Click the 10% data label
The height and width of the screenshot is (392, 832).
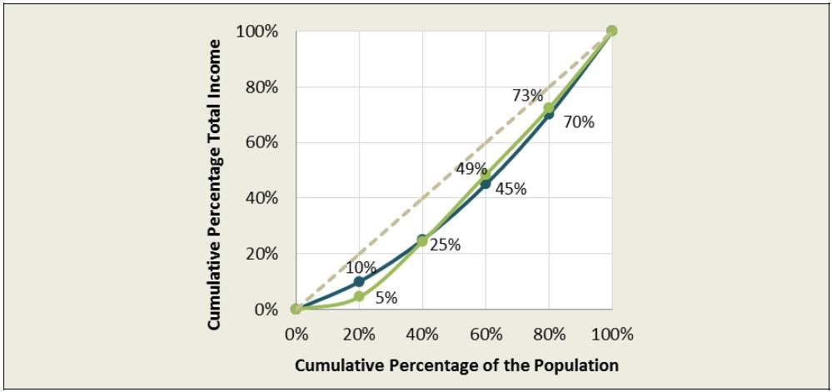[x=362, y=268]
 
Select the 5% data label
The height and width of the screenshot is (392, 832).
[x=386, y=297]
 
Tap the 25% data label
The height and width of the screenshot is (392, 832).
[x=446, y=246]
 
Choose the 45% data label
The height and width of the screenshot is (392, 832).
[x=511, y=189]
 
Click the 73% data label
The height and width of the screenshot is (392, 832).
[x=527, y=96]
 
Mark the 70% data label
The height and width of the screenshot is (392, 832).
[x=578, y=122]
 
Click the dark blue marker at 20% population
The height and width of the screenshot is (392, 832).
[x=359, y=281]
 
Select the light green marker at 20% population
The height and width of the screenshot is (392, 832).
[x=359, y=296]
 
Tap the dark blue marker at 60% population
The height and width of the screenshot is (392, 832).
[x=486, y=184]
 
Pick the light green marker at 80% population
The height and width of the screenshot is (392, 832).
[x=549, y=108]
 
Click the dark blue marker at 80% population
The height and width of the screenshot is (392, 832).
[x=549, y=115]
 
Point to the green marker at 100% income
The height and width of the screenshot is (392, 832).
[x=611, y=31]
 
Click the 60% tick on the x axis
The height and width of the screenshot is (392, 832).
[x=486, y=335]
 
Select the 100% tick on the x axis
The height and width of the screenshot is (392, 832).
[x=611, y=335]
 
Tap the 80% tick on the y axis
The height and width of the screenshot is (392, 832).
[x=257, y=87]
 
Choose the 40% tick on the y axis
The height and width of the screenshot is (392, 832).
[x=257, y=198]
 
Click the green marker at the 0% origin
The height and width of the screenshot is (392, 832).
[x=296, y=309]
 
